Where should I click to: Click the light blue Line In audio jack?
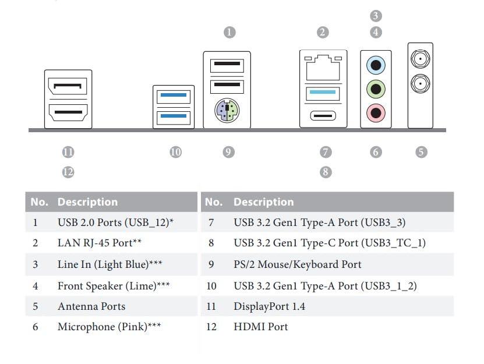(376, 63)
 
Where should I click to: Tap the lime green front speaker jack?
(376, 89)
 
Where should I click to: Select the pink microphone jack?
(376, 112)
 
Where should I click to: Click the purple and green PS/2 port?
(227, 109)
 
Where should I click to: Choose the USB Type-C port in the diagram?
(323, 115)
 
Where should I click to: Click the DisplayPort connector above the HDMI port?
(68, 87)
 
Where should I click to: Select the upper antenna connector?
(420, 58)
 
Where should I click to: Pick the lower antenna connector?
(420, 83)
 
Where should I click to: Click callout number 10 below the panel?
(175, 152)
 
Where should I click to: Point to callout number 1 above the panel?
(230, 32)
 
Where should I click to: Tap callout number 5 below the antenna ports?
(421, 152)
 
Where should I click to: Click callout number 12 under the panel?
(68, 172)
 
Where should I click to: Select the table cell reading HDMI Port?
(260, 327)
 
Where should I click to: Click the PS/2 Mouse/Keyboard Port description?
(297, 264)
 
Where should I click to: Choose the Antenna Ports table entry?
(91, 306)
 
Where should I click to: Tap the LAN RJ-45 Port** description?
(99, 243)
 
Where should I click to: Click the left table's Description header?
(87, 202)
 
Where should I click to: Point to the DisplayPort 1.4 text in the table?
(269, 306)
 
